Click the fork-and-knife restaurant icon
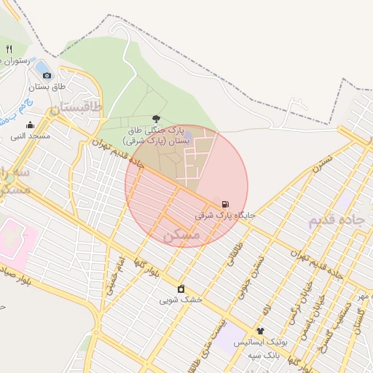coord(9,50)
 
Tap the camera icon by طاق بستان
coord(47,74)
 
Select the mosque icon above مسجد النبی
coord(30,125)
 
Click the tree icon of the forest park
coord(156,119)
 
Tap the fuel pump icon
coord(224,204)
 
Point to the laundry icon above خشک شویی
coord(181,288)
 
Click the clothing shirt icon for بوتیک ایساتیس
coord(260,331)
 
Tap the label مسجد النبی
coord(30,136)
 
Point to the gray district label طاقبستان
coord(76,109)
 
